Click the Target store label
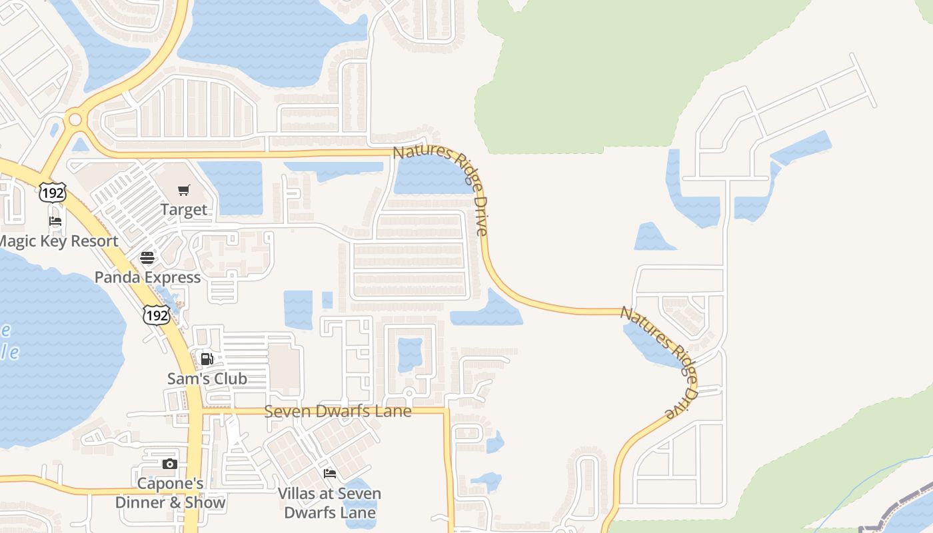(x=183, y=210)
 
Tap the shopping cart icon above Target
(x=184, y=191)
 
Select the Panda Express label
(x=147, y=277)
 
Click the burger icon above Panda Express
(x=147, y=258)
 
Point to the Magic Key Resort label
(x=59, y=241)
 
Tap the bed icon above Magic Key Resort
(x=55, y=221)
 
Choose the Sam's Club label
(x=207, y=378)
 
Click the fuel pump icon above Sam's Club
(x=207, y=359)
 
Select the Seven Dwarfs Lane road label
(x=338, y=411)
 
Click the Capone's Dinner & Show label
(x=170, y=493)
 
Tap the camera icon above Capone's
(x=170, y=464)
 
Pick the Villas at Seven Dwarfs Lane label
(x=329, y=503)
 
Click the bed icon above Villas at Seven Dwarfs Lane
(x=329, y=474)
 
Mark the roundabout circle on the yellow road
(x=75, y=120)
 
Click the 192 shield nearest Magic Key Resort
(x=52, y=193)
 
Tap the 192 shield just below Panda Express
(x=156, y=314)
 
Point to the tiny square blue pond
(x=327, y=300)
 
